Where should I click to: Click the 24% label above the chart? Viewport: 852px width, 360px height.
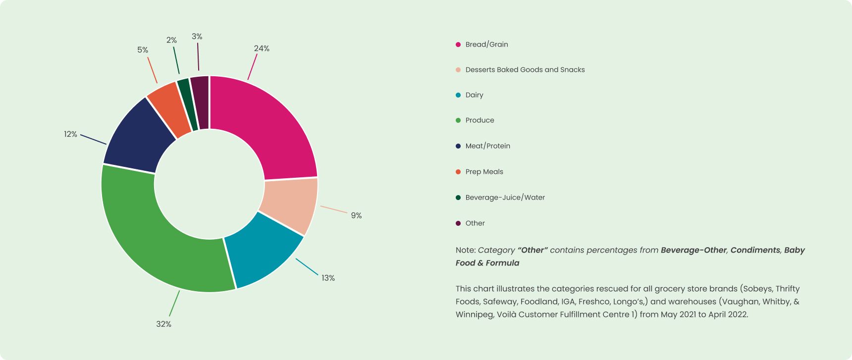[262, 49]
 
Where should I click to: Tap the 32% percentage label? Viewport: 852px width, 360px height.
[163, 324]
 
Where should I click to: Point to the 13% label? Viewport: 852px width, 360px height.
[328, 278]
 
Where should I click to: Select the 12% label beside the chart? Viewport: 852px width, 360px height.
[70, 134]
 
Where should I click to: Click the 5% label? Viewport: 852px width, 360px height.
[143, 50]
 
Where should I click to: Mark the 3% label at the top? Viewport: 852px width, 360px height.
[197, 37]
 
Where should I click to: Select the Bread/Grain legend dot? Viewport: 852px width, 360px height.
[458, 45]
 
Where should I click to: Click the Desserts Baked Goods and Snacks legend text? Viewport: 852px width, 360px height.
[525, 70]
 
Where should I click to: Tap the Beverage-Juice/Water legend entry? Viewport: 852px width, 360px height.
[505, 198]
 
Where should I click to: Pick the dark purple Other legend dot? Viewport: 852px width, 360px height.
[458, 223]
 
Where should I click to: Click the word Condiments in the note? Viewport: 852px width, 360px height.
[755, 250]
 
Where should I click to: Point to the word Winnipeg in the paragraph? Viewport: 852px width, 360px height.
[474, 314]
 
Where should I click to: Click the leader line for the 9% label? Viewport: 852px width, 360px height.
[334, 209]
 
